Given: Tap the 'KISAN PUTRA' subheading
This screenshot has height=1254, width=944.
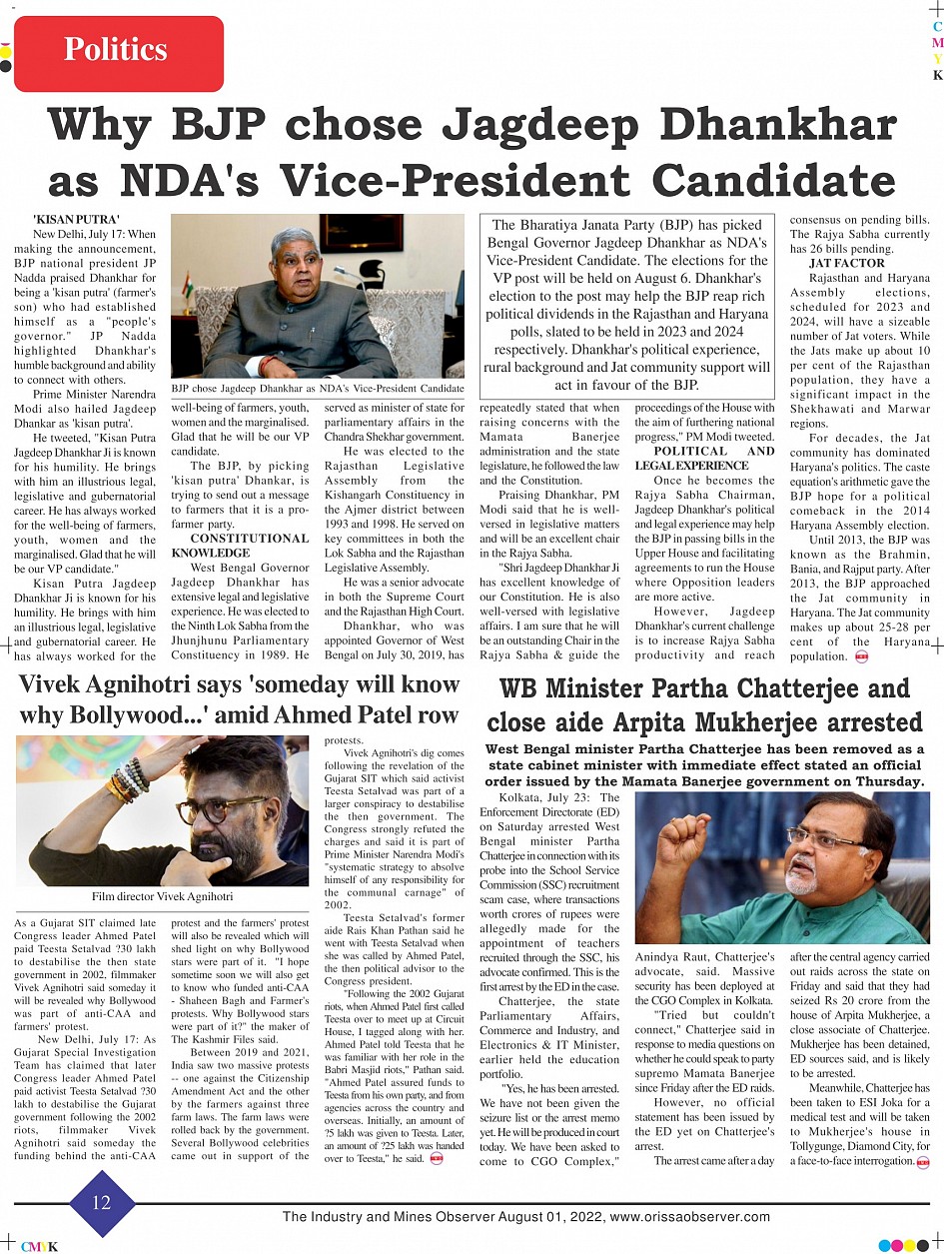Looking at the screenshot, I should (76, 219).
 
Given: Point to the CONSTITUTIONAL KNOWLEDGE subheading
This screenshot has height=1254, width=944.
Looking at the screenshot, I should (240, 545).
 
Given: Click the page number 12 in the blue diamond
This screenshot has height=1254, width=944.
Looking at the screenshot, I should (102, 1203).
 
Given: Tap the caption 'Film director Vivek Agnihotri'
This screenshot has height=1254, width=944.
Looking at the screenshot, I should (162, 896).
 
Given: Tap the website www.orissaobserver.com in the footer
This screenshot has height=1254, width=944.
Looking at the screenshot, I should (689, 1217).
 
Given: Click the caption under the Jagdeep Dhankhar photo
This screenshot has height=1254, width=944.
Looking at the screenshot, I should (318, 387).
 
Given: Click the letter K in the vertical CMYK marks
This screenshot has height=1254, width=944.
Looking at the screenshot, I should (937, 76).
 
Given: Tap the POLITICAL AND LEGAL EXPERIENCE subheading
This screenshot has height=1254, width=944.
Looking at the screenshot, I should (705, 459).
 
